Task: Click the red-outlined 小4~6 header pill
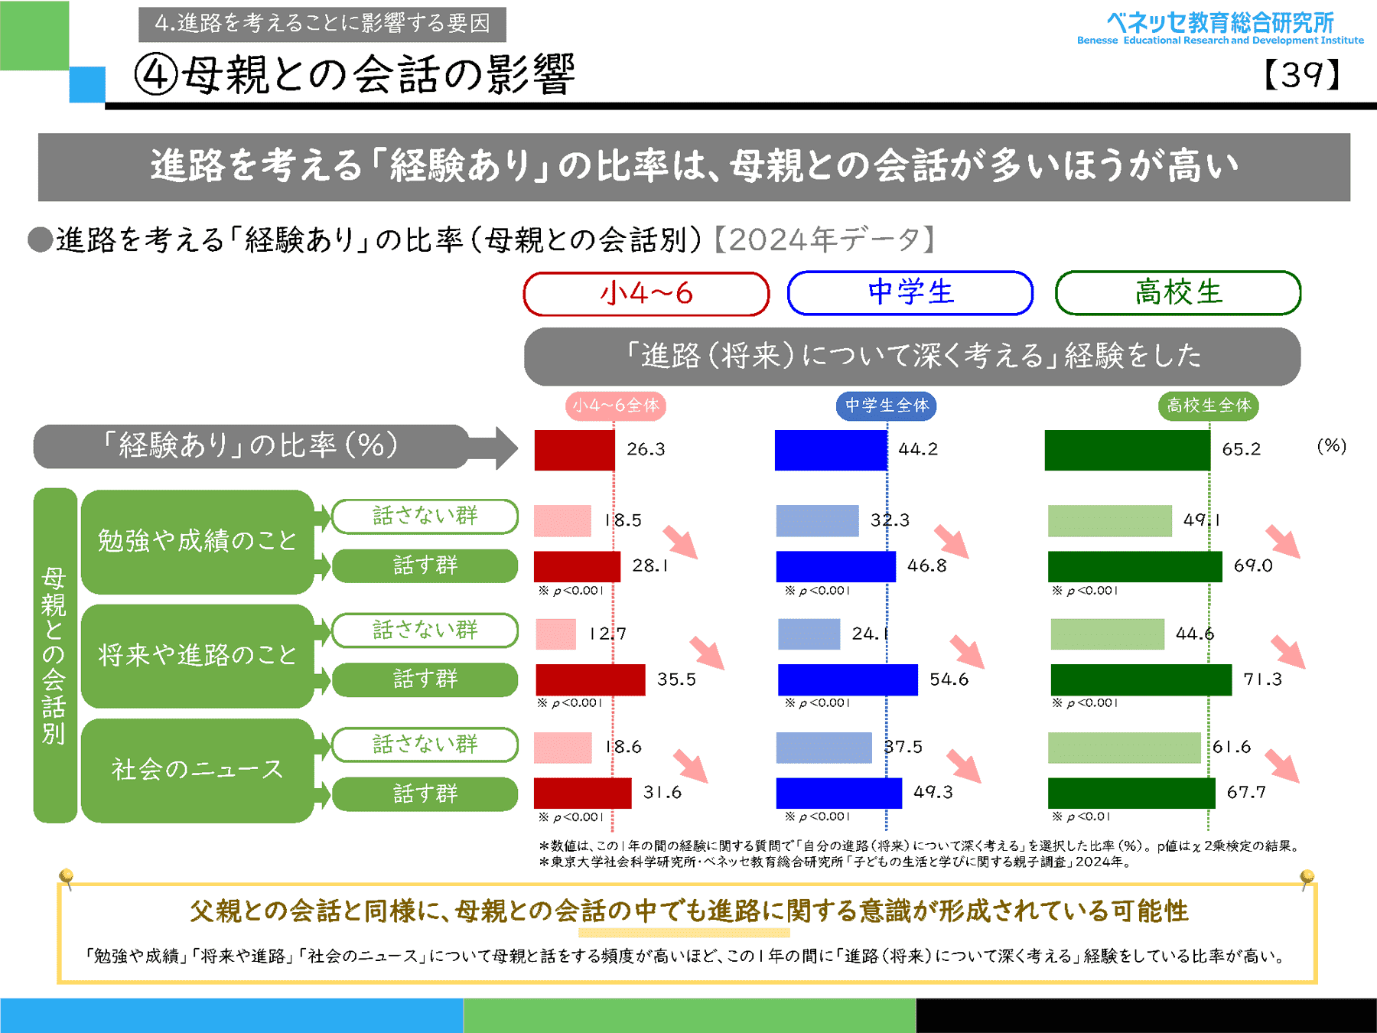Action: [x=646, y=293]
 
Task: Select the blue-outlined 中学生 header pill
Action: [x=910, y=292]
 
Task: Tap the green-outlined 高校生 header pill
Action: [x=1178, y=292]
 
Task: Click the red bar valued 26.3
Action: [x=575, y=450]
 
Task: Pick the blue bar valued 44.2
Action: [x=831, y=450]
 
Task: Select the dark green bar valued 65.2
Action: [x=1128, y=450]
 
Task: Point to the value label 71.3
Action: [x=1262, y=679]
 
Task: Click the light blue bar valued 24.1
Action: [x=809, y=634]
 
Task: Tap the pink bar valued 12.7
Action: [x=556, y=634]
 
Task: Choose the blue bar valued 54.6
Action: [x=848, y=679]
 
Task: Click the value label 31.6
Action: [x=662, y=793]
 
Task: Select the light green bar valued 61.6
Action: [x=1124, y=748]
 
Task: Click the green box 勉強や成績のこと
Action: [x=197, y=542]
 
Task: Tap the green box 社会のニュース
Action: [x=197, y=770]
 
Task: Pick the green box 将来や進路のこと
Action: [x=197, y=656]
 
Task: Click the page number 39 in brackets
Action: [x=1302, y=75]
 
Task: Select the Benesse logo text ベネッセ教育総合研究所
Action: [x=1220, y=23]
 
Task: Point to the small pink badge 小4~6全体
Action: [x=616, y=406]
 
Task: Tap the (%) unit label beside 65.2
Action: [x=1331, y=446]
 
